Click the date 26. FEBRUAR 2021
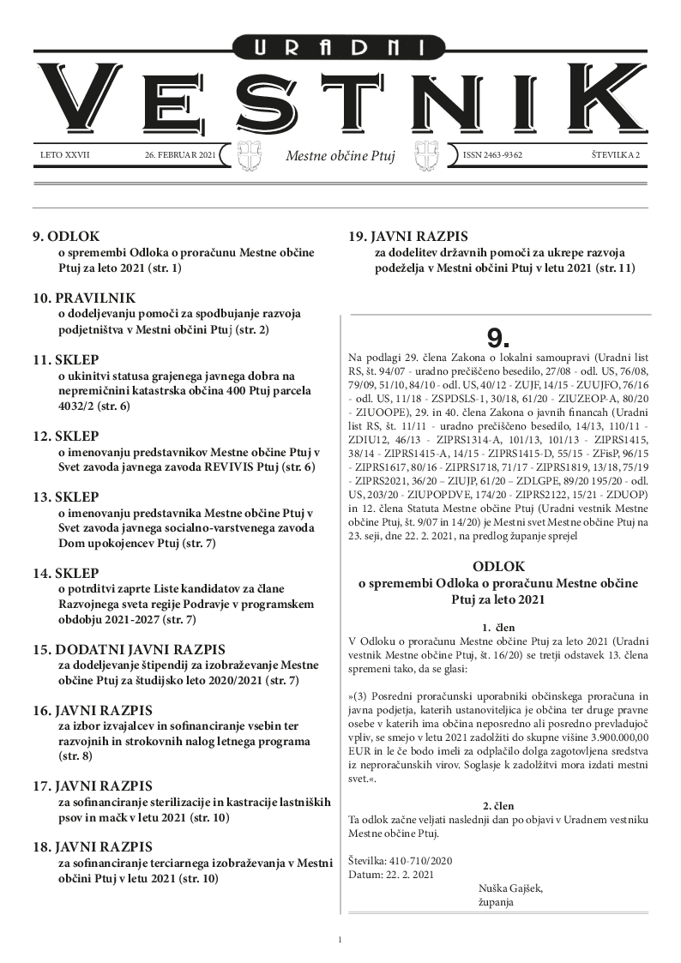181,155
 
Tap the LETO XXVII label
65,155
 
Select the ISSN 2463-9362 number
492,155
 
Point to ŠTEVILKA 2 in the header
609,155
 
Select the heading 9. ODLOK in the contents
66,236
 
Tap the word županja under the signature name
496,903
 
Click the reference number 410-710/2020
419,859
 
